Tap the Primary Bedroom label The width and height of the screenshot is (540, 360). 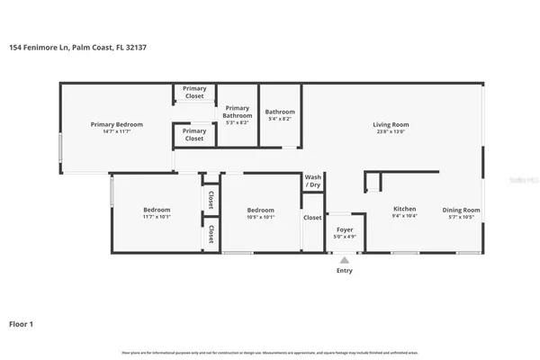click(x=117, y=124)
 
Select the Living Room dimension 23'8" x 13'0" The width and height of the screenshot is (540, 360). click(x=391, y=131)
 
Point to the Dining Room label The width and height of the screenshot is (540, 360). click(x=461, y=210)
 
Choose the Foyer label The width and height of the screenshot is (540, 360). click(x=345, y=229)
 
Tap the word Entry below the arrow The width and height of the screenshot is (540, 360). click(x=345, y=270)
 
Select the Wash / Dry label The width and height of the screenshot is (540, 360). click(x=313, y=181)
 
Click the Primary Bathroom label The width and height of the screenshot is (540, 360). click(x=238, y=112)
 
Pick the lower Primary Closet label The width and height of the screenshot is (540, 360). click(x=194, y=135)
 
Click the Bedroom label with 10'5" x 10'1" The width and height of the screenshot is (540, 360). click(x=260, y=210)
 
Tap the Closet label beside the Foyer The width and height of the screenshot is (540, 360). click(x=312, y=217)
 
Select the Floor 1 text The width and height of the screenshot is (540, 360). click(x=22, y=323)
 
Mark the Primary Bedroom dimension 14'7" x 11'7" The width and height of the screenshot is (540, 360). click(x=117, y=131)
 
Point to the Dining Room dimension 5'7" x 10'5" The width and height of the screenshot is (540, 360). click(x=461, y=217)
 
